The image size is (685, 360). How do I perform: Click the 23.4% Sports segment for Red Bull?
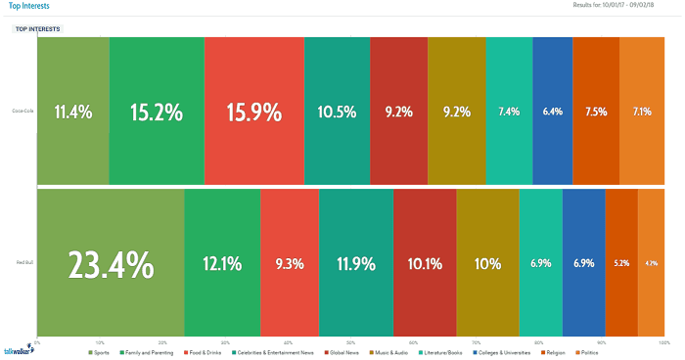(110, 264)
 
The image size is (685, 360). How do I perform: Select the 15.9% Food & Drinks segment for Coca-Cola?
(254, 112)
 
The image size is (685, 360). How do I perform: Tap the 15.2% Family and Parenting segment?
(157, 112)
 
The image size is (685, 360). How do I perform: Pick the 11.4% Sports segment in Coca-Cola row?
(73, 112)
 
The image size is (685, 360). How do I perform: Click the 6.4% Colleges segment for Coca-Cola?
(553, 112)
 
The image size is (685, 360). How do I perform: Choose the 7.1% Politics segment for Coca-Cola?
(642, 112)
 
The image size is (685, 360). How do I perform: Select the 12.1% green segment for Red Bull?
(222, 264)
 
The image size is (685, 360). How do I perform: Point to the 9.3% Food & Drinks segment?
(290, 264)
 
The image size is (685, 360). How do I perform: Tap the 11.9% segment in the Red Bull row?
(355, 264)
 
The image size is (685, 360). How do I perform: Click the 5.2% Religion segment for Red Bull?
(621, 264)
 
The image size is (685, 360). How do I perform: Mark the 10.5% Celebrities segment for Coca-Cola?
(338, 112)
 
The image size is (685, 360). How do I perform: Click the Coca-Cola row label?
(20, 112)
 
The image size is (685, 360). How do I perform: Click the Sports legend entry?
(97, 351)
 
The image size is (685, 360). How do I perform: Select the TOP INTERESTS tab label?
(38, 29)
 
